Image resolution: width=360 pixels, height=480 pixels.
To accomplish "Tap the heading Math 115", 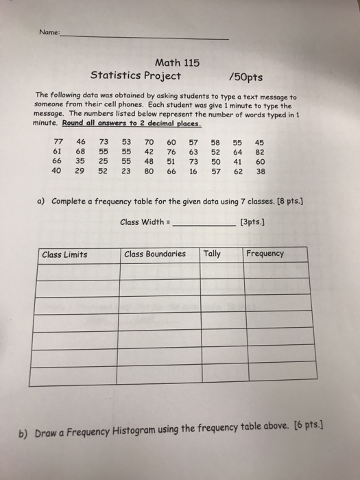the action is point(178,62).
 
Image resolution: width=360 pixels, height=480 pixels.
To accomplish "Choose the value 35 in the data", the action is point(80,163).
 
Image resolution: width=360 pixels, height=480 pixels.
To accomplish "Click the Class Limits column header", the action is point(64,254).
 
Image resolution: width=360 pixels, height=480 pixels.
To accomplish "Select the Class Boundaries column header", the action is point(155,254).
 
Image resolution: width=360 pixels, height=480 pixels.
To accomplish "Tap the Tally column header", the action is point(213,254).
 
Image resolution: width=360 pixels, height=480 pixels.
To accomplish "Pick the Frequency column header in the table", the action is point(265,254).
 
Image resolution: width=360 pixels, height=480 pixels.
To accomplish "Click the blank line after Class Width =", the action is point(204,224).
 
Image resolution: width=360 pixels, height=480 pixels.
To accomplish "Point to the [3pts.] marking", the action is point(254,221).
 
